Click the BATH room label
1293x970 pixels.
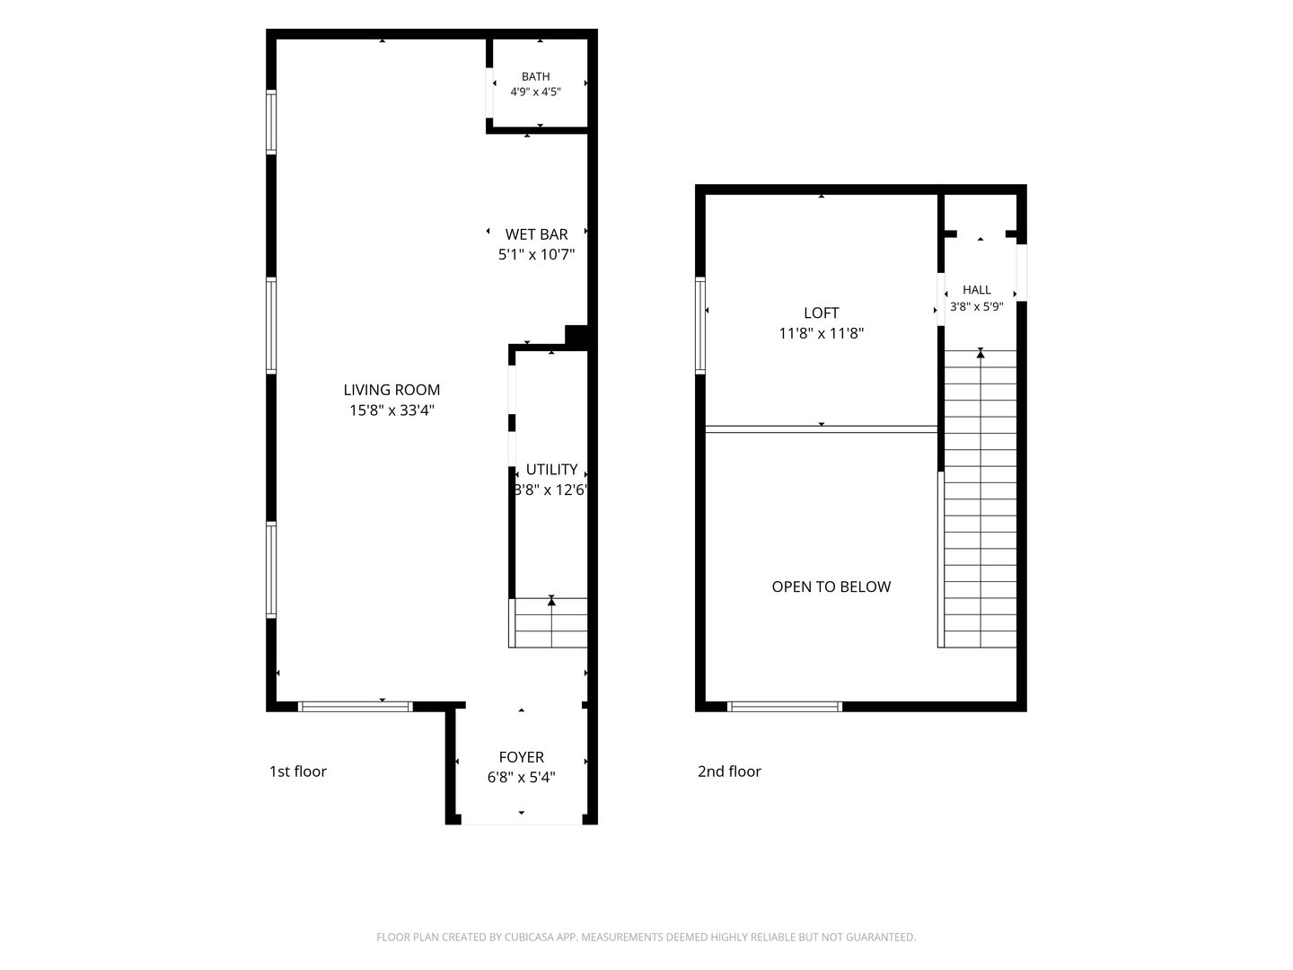coord(535,76)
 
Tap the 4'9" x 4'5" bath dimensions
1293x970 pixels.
coord(535,92)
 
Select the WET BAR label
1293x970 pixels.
coord(536,234)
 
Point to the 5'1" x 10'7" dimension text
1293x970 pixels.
coord(536,254)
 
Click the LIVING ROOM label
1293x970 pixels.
coord(391,390)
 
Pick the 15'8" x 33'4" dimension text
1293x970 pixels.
coord(391,410)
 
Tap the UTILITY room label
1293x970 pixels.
coord(551,470)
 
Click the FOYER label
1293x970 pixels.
coord(522,757)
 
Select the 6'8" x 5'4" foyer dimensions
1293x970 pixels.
coord(522,778)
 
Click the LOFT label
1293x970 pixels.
coord(822,313)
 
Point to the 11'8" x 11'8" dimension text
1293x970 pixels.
coord(822,333)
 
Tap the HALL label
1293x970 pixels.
coord(977,290)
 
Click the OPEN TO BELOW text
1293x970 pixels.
coord(831,586)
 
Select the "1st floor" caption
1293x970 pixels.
coord(297,772)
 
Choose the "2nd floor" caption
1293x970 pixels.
coord(729,772)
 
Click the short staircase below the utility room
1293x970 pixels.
coord(549,622)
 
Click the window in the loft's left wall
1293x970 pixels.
coord(700,326)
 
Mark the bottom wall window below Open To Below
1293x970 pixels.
coord(785,707)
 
